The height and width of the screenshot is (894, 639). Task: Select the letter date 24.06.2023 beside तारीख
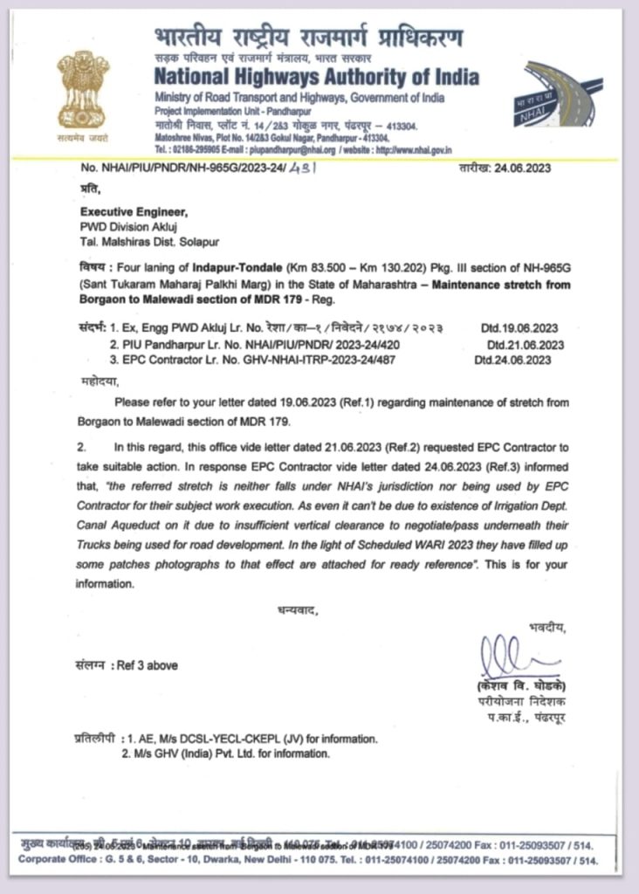(x=522, y=168)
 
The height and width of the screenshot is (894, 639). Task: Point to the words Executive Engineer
(x=134, y=211)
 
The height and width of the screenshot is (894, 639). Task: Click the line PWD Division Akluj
(x=127, y=225)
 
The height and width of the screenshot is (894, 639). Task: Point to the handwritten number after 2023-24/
(x=302, y=168)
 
